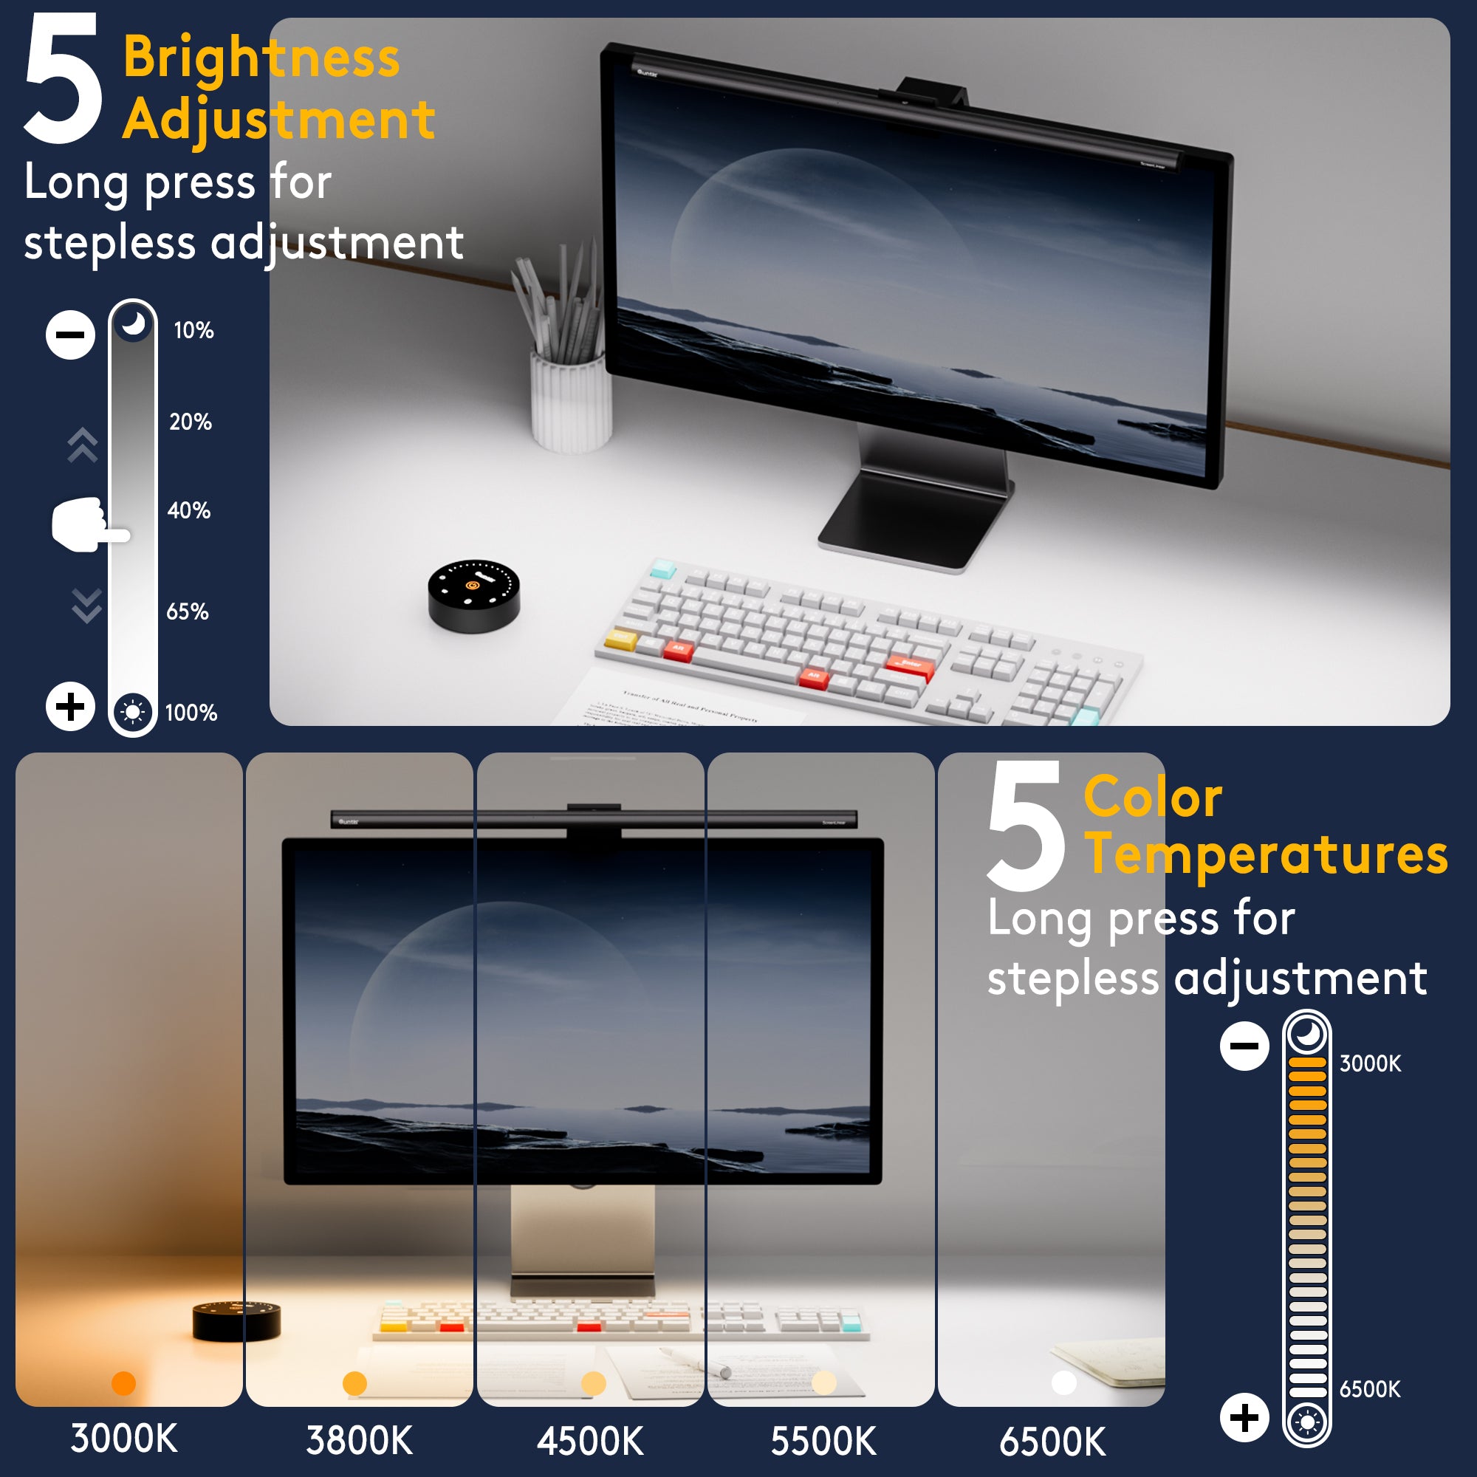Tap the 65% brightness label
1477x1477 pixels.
(x=188, y=611)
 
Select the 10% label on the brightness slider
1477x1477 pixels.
(x=193, y=330)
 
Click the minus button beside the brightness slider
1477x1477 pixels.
(x=70, y=335)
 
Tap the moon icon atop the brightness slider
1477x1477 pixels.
(x=133, y=324)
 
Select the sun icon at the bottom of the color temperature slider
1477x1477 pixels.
(x=1306, y=1422)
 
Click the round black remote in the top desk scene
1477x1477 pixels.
(x=473, y=595)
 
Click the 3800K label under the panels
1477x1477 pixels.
(x=360, y=1440)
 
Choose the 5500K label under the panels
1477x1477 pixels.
(x=823, y=1441)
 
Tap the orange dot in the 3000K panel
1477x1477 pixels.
(x=124, y=1382)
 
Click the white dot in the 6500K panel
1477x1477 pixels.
(x=1064, y=1382)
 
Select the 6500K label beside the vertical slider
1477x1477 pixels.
(x=1369, y=1389)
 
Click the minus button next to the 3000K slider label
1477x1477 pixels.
(x=1244, y=1045)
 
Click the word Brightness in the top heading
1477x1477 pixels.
(x=261, y=58)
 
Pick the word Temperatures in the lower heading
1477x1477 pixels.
(x=1266, y=854)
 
